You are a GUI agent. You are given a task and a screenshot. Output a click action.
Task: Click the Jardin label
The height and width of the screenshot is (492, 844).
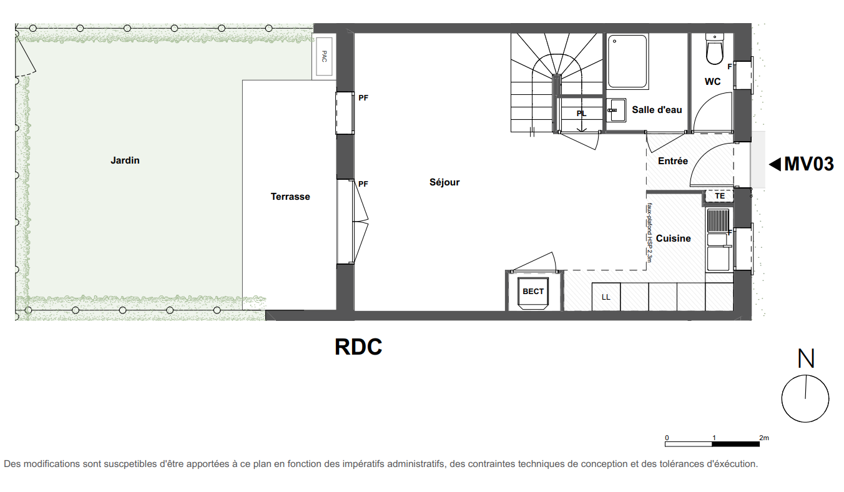coord(125,160)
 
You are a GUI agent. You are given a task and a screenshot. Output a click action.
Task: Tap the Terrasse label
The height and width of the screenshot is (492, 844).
coord(290,197)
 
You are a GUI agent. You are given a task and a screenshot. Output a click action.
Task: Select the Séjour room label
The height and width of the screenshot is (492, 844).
coord(444,183)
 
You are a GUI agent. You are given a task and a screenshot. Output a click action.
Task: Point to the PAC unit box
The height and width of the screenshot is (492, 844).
coord(324,57)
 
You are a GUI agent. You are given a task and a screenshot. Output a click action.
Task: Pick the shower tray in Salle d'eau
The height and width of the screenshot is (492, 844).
coord(627,61)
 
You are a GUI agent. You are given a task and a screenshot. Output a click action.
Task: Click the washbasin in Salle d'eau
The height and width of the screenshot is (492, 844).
coord(616,110)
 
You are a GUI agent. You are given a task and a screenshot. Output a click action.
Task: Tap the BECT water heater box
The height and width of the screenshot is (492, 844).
coord(532,293)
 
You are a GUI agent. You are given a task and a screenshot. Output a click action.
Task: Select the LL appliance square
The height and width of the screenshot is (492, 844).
coord(606,297)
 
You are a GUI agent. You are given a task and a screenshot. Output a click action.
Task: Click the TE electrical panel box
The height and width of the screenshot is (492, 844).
coord(719,196)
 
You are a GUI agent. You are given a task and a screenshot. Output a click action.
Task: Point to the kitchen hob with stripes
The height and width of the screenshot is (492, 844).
coord(718,220)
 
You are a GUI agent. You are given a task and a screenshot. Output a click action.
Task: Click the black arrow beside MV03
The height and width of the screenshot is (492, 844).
coord(775,164)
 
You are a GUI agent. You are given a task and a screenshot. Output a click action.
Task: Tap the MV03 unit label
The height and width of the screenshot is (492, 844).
coord(808,164)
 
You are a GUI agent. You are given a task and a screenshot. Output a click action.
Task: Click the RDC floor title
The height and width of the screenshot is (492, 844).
coord(358,347)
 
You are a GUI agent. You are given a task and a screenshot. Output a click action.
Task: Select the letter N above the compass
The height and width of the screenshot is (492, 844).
coord(806,358)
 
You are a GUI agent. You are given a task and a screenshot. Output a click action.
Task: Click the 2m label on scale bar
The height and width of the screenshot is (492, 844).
coord(763,438)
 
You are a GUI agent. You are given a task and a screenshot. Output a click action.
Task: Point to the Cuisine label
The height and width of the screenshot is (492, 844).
coord(674,239)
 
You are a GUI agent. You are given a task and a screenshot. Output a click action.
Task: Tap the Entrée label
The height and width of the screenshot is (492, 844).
coord(673,161)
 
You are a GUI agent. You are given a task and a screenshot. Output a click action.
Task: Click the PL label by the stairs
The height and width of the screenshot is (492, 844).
coord(581,114)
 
